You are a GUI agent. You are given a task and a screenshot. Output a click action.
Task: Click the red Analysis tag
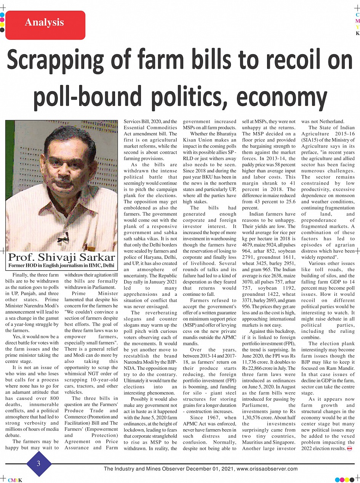45,22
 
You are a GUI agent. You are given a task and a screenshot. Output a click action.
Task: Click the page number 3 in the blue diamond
38,463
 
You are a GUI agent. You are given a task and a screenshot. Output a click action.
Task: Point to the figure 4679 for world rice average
248,245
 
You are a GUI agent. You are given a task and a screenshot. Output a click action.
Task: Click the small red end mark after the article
349,448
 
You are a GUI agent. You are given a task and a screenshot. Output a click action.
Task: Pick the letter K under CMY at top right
357,34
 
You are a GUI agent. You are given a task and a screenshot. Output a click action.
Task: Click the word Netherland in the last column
333,122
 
